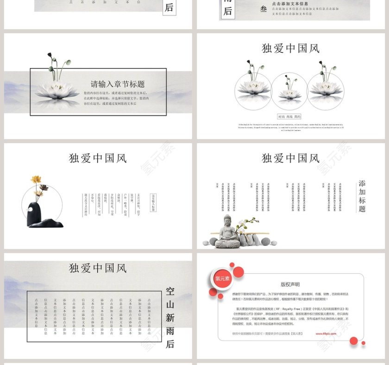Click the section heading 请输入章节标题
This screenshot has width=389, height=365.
118,84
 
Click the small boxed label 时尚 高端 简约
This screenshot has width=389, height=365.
289,117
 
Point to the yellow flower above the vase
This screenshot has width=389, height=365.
36,180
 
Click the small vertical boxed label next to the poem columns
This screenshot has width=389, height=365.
153,202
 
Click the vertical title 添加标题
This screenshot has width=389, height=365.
362,196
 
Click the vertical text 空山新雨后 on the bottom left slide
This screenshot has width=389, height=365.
170,317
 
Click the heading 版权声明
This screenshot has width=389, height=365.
290,284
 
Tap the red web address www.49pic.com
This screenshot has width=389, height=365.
326,333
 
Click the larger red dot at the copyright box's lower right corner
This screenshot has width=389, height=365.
354,341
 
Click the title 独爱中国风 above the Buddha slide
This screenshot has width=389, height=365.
290,158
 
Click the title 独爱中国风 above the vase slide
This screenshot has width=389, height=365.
98,158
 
